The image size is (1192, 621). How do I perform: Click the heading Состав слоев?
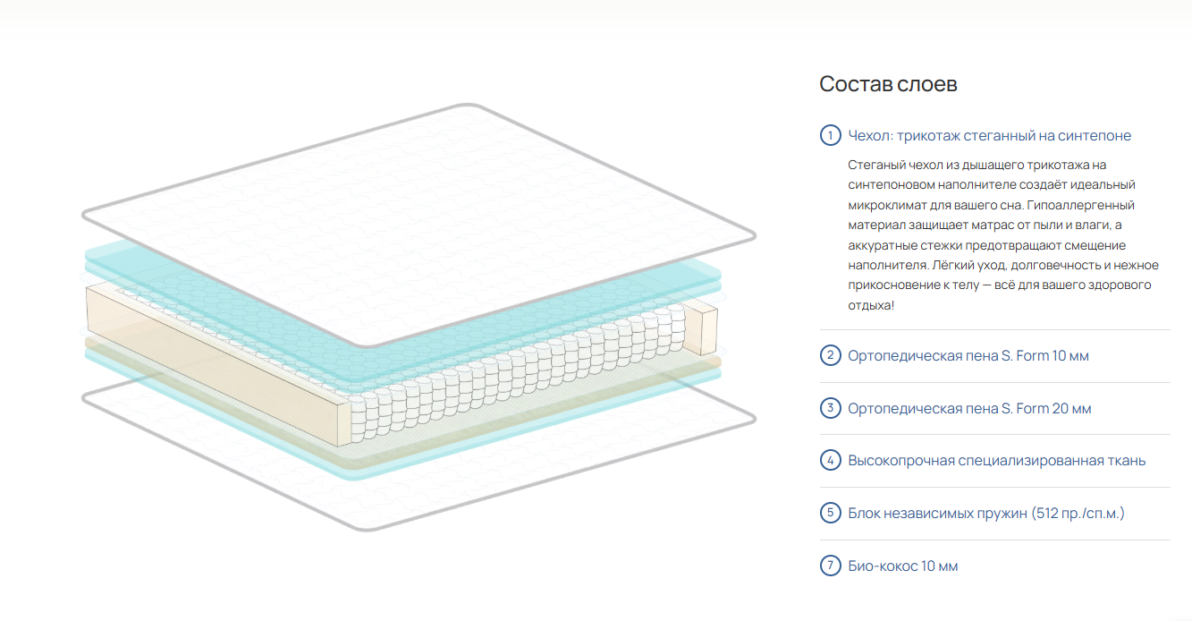[x=888, y=84]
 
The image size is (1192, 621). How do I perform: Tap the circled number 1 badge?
[x=830, y=136]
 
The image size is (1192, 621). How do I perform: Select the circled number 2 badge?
[x=830, y=356]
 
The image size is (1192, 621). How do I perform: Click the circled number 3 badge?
[x=830, y=409]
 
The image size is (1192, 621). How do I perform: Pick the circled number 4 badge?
[x=830, y=461]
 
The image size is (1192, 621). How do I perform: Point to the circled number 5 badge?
[x=830, y=514]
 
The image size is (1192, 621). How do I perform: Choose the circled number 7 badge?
[x=830, y=566]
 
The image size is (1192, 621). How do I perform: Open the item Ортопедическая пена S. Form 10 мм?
[x=968, y=356]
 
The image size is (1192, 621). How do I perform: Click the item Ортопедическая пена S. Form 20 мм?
[x=969, y=409]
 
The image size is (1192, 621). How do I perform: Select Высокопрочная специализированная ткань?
[x=996, y=461]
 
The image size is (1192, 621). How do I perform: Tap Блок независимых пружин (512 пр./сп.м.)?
[x=986, y=514]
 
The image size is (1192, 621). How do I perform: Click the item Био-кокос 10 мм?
[x=903, y=566]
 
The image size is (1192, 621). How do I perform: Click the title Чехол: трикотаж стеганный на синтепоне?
[x=989, y=136]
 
